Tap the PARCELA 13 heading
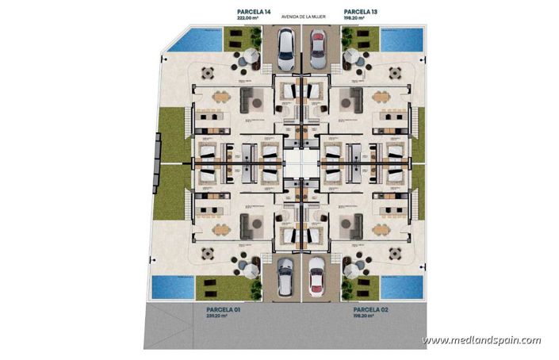tap(360, 12)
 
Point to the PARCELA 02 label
tap(370, 308)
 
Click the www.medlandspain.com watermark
tap(481, 340)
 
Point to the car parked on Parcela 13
tap(317, 48)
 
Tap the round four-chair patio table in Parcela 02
tap(392, 254)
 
